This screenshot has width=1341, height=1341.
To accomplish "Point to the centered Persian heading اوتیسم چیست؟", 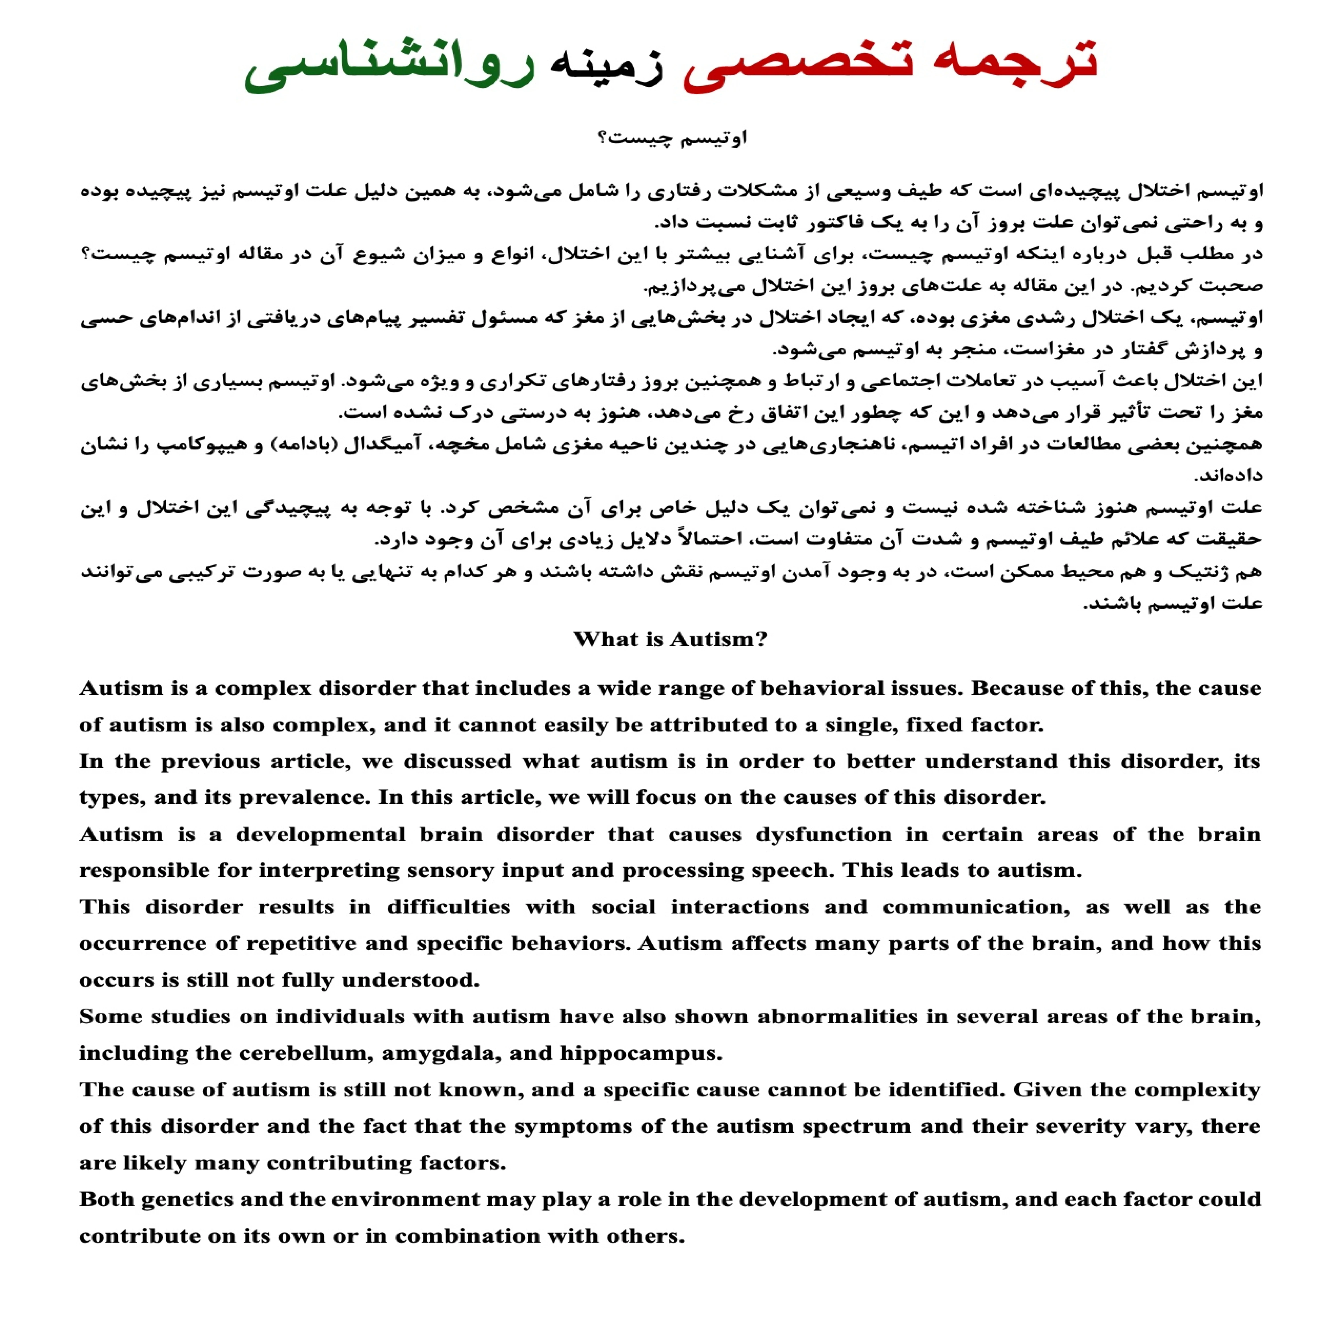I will click(672, 138).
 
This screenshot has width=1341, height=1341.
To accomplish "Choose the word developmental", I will click(321, 834).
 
